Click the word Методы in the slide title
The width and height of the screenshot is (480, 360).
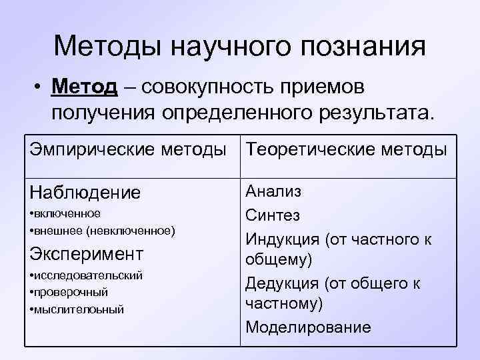pos(107,46)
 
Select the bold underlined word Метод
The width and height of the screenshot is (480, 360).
pos(86,87)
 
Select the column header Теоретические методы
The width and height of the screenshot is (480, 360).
pos(346,149)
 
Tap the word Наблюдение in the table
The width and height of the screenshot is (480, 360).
pos(85,193)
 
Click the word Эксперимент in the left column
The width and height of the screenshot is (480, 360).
pos(87,254)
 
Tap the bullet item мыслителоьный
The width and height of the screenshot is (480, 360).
pos(79,309)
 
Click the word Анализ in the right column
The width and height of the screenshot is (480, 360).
pos(273,192)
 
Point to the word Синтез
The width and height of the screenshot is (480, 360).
pos(273,215)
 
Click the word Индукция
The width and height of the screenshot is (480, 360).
pos(282,238)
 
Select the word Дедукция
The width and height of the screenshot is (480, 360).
pos(282,283)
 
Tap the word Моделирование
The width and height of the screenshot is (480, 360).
pos(307,327)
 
